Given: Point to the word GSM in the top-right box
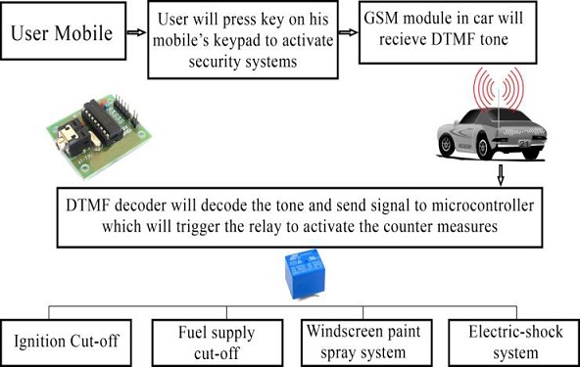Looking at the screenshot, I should [386, 20].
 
